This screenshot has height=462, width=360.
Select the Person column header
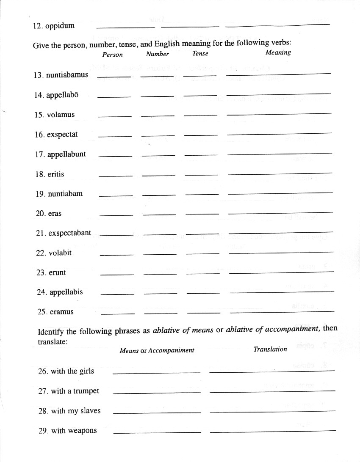pos(112,55)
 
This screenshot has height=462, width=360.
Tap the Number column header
pos(157,54)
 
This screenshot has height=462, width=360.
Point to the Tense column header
pos(200,54)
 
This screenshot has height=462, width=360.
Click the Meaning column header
pos(278,52)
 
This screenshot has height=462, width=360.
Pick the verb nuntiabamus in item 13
pos(67,75)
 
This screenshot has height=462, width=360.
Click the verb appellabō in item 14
pos(62,95)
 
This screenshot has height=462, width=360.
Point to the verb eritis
pos(56,174)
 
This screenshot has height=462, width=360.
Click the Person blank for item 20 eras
pos(116,214)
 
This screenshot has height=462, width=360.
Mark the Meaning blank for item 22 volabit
pos(280,253)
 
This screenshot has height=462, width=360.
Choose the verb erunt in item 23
pos(57,272)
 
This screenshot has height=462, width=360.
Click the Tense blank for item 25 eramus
pos(203,313)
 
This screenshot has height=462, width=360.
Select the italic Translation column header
pos(270,349)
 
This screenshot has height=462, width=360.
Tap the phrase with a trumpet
pos(75,391)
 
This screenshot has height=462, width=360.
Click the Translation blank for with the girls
pos(272,371)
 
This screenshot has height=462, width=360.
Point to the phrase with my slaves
pos(76,411)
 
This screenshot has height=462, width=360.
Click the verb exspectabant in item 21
pos(69,233)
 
